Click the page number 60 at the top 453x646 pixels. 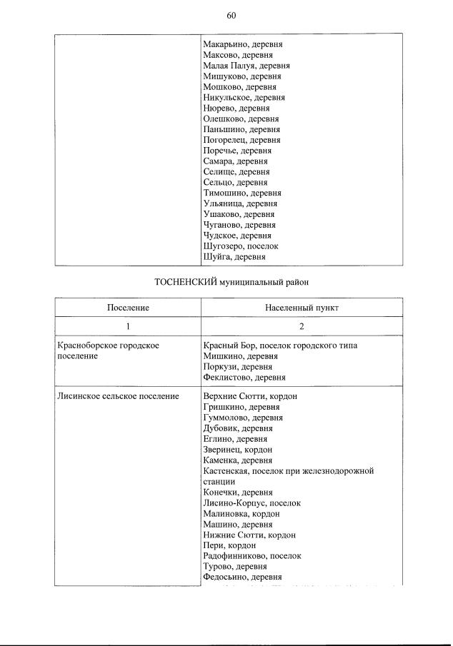pyautogui.click(x=231, y=15)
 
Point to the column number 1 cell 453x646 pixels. pyautogui.click(x=128, y=326)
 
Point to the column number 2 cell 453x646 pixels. pyautogui.click(x=300, y=326)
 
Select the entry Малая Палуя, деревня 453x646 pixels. pyautogui.click(x=247, y=66)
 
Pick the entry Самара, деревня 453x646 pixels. pyautogui.click(x=235, y=161)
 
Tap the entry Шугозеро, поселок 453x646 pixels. pyautogui.click(x=240, y=246)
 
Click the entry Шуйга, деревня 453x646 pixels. pyautogui.click(x=234, y=257)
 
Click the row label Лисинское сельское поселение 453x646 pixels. pyautogui.click(x=118, y=396)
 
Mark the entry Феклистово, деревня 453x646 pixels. pyautogui.click(x=244, y=377)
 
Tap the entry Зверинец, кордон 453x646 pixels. pyautogui.click(x=237, y=450)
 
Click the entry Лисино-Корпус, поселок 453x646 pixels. pyautogui.click(x=252, y=503)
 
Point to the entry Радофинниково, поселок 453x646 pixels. pyautogui.click(x=252, y=555)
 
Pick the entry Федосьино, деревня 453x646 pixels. pyautogui.click(x=242, y=577)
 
